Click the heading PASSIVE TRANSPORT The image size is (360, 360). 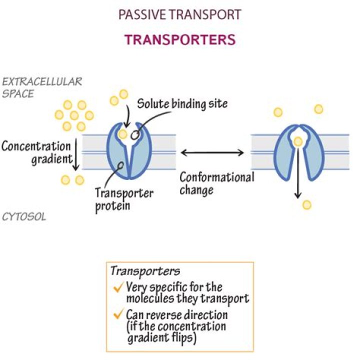point(179,14)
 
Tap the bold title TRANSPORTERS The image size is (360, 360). point(179,39)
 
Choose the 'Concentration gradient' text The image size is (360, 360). point(35,152)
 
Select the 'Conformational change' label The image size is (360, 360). point(216,183)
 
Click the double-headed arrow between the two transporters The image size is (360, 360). point(212,152)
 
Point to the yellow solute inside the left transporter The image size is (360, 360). point(123,134)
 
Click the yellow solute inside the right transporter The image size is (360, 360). point(298,142)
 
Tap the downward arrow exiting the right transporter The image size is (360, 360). point(298,172)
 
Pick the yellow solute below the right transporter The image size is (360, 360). point(307,204)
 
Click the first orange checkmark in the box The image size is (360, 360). point(118,287)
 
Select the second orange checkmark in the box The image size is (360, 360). point(118,315)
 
